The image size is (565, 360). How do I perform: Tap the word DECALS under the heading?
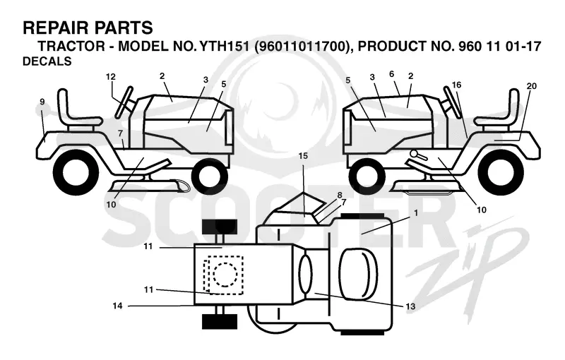47,61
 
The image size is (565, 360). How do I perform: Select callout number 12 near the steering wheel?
111,77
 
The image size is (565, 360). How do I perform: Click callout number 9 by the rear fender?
42,102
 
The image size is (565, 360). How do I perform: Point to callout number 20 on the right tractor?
532,86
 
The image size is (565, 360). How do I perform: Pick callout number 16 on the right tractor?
456,85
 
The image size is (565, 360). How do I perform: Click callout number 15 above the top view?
303,156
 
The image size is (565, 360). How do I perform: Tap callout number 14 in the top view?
117,306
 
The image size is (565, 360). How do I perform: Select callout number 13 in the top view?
410,306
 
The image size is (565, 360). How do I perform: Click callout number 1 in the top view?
416,213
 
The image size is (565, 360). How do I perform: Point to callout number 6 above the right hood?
392,74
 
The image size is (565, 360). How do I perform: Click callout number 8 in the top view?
339,195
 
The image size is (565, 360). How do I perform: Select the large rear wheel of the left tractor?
76,172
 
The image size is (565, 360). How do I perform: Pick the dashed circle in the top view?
225,275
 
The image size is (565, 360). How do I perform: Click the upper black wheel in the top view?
220,227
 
